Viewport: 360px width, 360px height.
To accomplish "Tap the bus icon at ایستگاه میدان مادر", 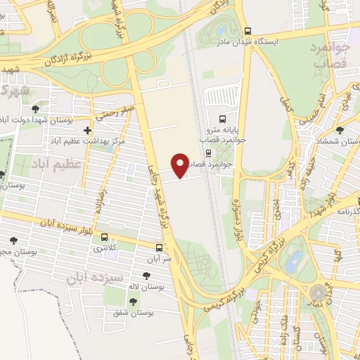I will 247,32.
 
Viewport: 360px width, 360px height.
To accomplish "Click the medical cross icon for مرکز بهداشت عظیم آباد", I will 87,131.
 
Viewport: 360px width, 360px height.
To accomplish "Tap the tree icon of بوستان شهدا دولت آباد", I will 35,109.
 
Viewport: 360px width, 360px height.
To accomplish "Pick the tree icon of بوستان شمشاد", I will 340,130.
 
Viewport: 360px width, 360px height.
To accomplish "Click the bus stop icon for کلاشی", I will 105,237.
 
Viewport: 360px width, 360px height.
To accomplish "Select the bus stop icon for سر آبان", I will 160,247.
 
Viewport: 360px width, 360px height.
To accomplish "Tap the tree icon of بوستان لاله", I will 146,276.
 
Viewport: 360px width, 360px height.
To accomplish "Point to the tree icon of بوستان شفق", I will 133,300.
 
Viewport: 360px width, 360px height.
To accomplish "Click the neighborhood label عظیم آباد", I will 56,164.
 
